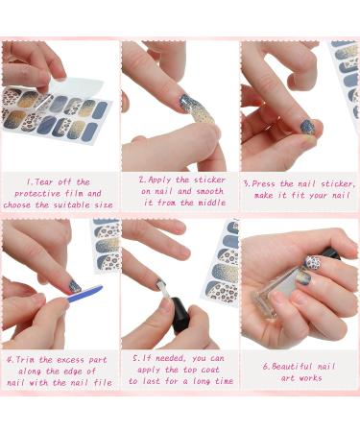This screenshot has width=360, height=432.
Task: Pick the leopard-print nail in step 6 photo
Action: (312, 260)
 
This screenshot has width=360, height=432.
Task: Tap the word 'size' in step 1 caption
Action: (103, 203)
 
